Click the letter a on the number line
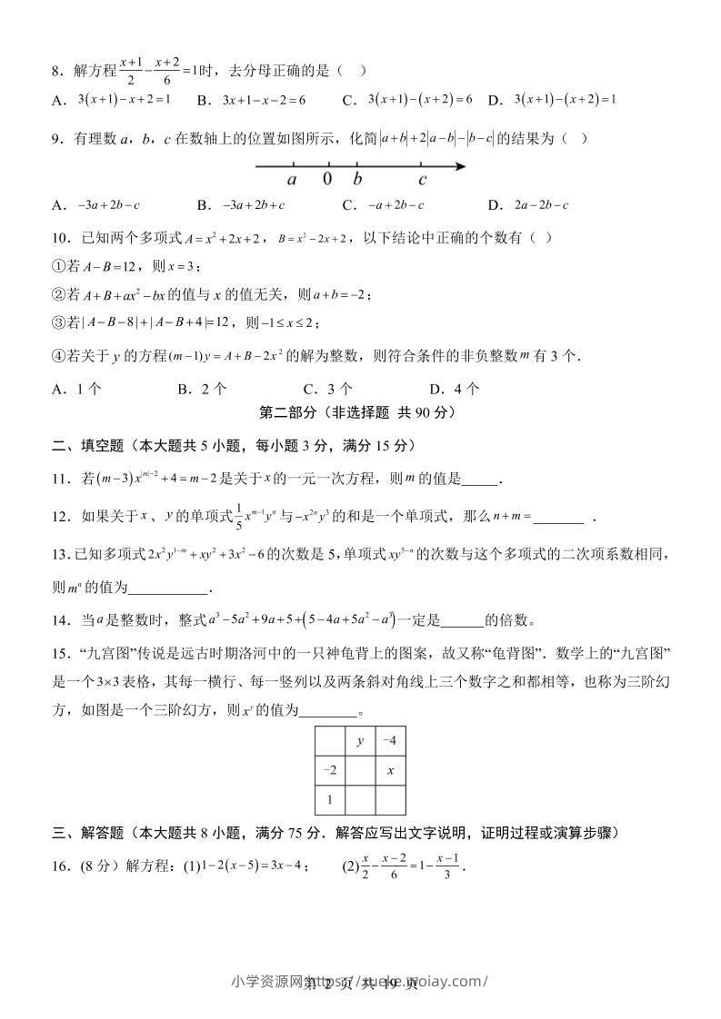292,179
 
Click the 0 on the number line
327,179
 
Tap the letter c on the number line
423,179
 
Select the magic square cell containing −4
389,741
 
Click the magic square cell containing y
360,741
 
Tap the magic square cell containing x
389,770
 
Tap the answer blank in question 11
481,481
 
